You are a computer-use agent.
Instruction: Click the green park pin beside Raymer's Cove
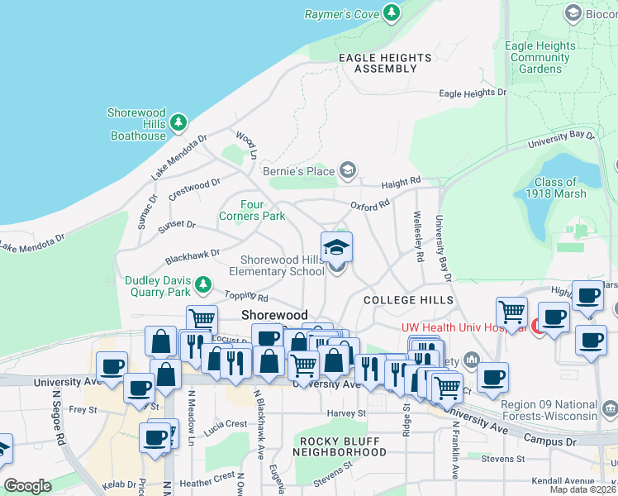tap(392, 13)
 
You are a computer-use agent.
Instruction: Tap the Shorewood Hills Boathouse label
tap(137, 124)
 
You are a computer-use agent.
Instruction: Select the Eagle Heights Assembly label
tap(385, 63)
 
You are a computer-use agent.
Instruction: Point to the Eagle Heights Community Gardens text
tap(540, 58)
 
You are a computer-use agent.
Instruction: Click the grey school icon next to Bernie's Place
tap(348, 171)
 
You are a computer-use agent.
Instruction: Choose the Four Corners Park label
tap(252, 210)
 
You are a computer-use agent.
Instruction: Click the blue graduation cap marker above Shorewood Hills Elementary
tap(336, 247)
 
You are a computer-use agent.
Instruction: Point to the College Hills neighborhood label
tap(408, 300)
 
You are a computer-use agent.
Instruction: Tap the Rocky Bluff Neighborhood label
tap(343, 446)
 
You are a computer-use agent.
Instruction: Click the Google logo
tap(27, 486)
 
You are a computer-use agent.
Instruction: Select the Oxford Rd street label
tap(368, 206)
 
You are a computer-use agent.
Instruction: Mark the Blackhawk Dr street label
tap(192, 255)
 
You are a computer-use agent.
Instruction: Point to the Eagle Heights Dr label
tap(473, 93)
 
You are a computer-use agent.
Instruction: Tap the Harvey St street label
tap(346, 413)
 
